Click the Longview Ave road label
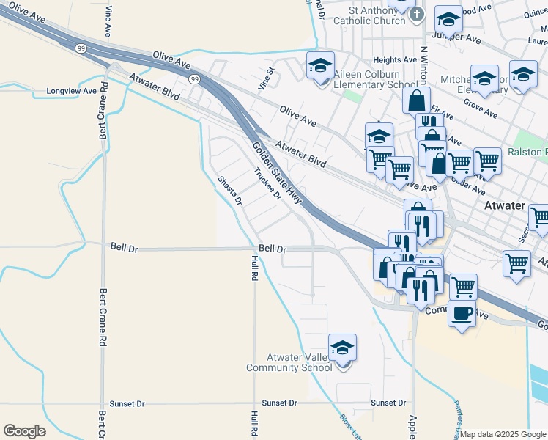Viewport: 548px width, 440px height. pyautogui.click(x=72, y=92)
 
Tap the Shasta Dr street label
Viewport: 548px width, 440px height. pyautogui.click(x=229, y=191)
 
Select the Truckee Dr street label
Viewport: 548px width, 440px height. pyautogui.click(x=267, y=184)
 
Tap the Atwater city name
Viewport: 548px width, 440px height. pyautogui.click(x=505, y=206)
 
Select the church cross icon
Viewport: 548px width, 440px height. pyautogui.click(x=416, y=14)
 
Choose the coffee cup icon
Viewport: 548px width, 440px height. pyautogui.click(x=461, y=313)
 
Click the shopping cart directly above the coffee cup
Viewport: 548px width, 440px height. pyautogui.click(x=463, y=287)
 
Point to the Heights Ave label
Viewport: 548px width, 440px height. pyautogui.click(x=394, y=60)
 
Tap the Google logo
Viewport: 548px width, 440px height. pyautogui.click(x=24, y=431)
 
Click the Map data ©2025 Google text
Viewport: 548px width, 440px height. pyautogui.click(x=503, y=434)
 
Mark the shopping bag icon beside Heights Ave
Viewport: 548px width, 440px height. pyautogui.click(x=416, y=100)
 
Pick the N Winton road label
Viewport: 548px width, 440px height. pyautogui.click(x=423, y=66)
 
